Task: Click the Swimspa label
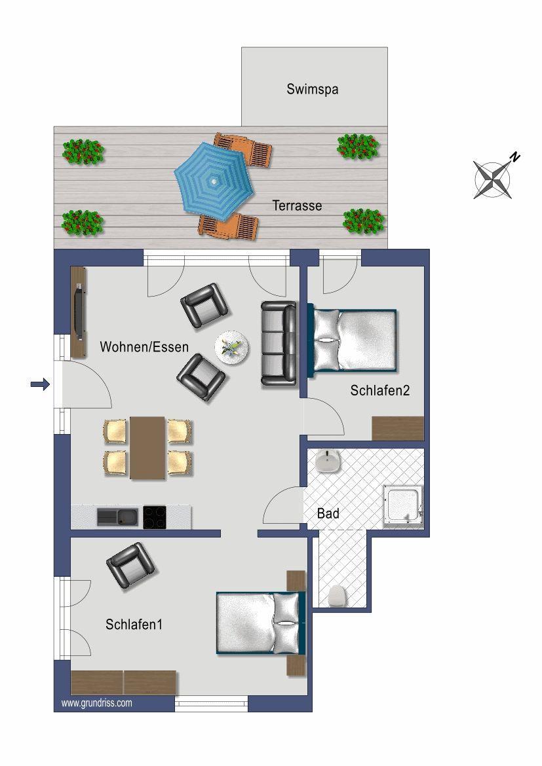312,90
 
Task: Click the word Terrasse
297,206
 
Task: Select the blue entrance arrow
40,384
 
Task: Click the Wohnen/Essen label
144,347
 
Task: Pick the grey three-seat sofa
279,344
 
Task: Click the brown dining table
147,447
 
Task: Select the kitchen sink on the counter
117,517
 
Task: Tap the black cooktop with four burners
155,517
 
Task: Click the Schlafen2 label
380,390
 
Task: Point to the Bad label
328,513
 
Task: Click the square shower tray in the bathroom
402,507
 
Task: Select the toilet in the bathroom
337,596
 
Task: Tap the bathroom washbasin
327,461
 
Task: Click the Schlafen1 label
134,625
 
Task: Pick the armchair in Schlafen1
130,565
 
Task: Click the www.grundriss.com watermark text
97,703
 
